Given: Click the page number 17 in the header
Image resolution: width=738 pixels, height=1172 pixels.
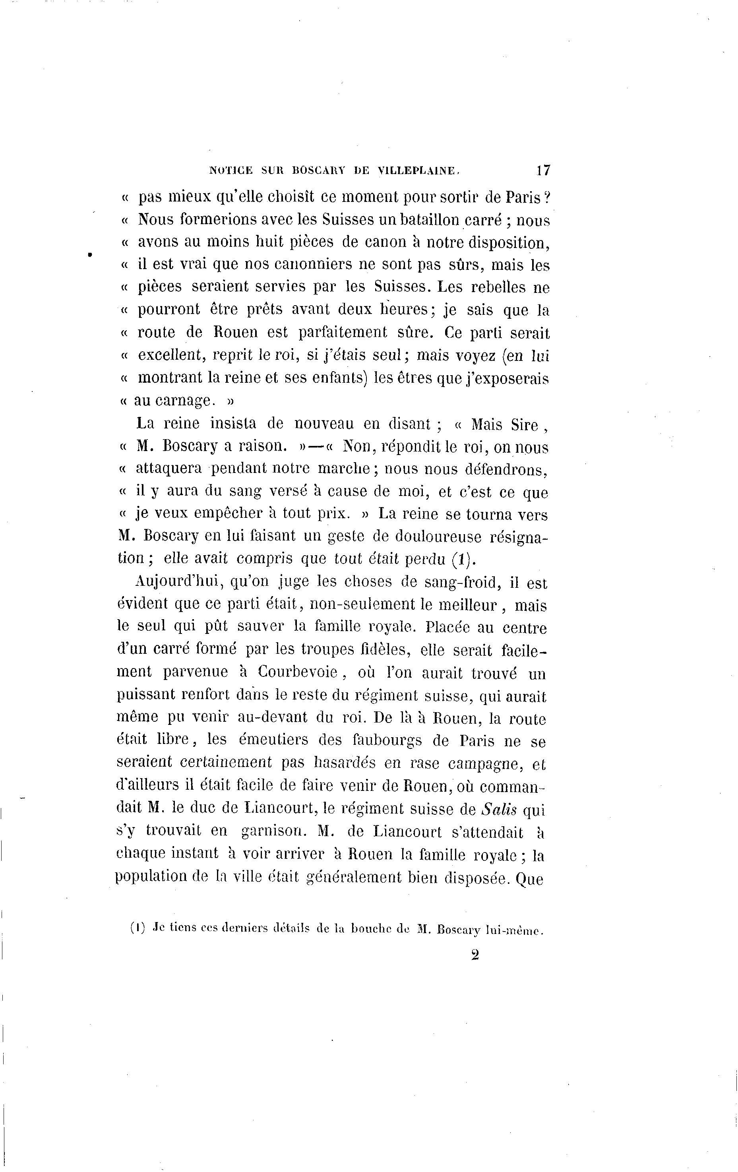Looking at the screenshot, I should click(x=543, y=170).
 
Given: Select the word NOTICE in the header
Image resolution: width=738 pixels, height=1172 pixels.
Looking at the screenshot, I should click(x=231, y=170).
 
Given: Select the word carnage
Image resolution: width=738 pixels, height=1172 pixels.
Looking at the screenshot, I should click(x=181, y=401).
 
